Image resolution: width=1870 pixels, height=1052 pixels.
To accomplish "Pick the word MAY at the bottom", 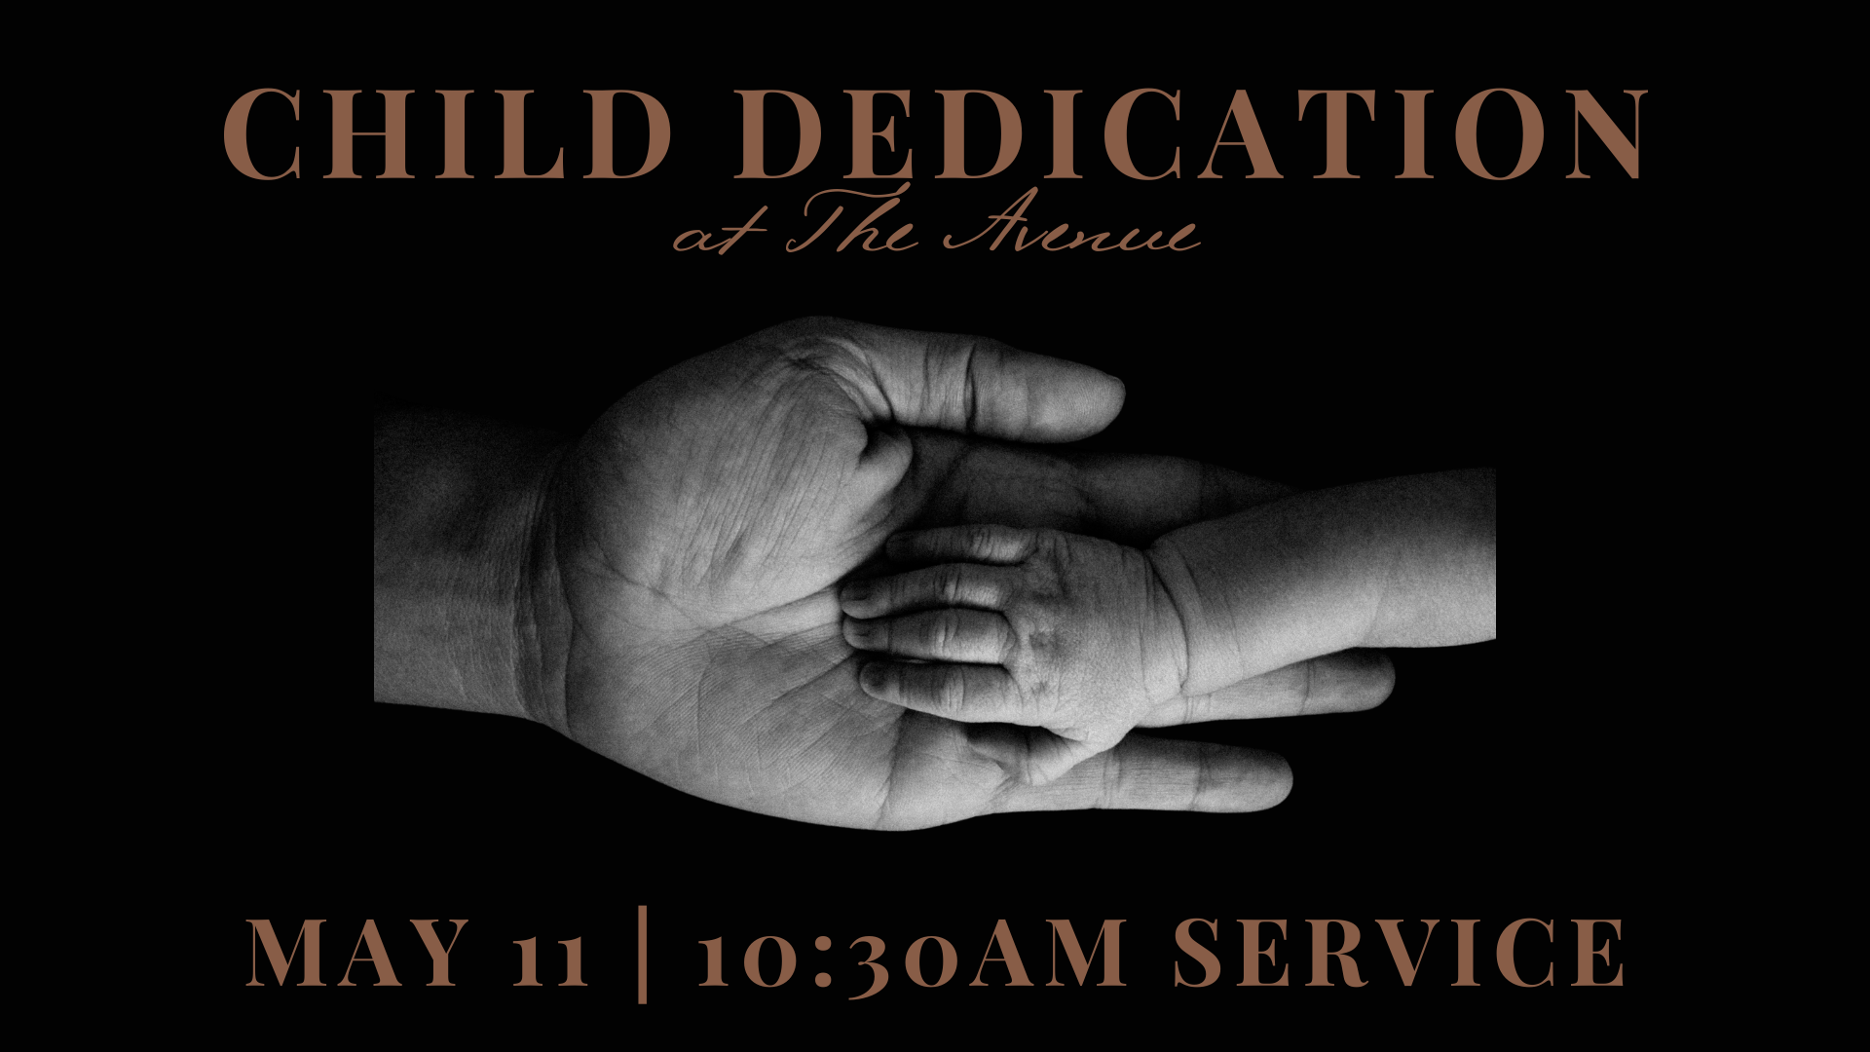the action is pos(367,952).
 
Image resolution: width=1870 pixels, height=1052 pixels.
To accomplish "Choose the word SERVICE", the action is pos(1400,952).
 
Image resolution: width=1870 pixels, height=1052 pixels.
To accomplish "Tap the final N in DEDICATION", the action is pos(1601,134).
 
